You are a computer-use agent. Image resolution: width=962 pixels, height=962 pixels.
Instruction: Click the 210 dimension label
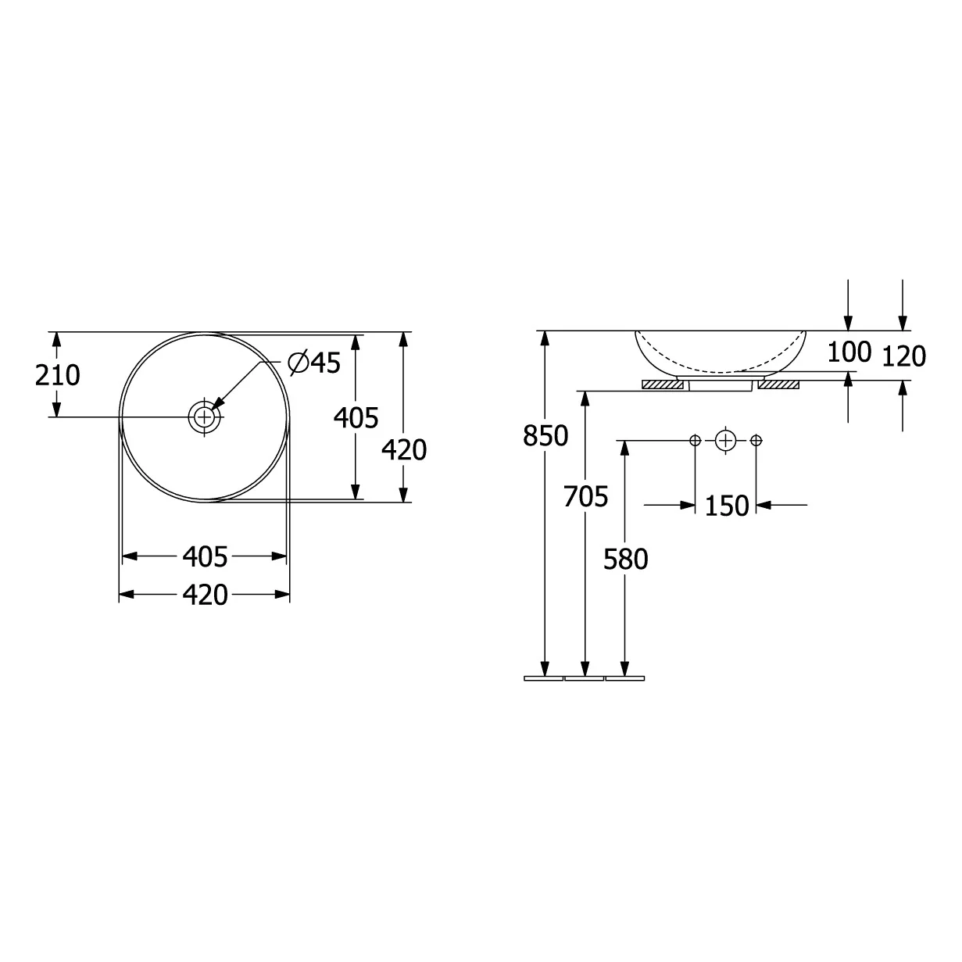tap(57, 375)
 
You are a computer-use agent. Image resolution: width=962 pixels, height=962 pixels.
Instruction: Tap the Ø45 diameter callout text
tap(314, 363)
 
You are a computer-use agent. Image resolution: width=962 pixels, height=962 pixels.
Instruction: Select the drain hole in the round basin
tap(204, 417)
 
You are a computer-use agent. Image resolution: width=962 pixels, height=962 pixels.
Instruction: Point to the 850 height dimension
tap(545, 435)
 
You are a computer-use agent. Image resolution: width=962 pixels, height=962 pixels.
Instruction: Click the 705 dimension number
tap(585, 496)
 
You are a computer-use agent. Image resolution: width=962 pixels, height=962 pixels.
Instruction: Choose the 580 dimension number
tap(625, 559)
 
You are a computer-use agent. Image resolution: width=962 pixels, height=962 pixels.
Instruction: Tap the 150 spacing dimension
tap(726, 506)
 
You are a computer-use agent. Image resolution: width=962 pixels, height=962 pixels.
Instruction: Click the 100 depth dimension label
tap(849, 352)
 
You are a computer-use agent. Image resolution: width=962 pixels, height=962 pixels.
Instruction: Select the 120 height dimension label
tap(904, 356)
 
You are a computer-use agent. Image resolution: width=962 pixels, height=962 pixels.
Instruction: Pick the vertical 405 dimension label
tap(356, 418)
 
